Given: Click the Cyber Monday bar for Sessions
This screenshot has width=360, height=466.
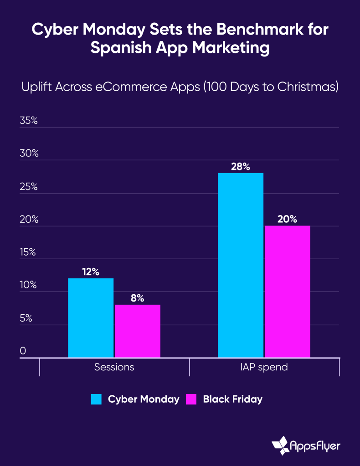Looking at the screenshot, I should pos(91,318).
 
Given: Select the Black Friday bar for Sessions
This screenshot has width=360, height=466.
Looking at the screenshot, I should pos(137,331).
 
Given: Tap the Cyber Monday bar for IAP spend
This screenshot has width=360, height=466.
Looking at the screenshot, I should pos(241,265).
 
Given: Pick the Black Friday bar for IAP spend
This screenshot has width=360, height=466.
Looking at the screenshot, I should pos(287,292).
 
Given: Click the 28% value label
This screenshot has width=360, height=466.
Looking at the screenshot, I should pos(241,167).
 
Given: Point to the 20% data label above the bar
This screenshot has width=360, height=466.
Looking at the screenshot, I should pos(287,219).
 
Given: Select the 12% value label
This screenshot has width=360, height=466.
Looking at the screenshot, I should pos(91,272).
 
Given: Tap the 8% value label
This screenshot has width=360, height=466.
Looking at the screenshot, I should pos(137,298).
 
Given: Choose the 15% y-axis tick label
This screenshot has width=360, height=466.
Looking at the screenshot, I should pos(28,252).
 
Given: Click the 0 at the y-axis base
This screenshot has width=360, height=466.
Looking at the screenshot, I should pos(23,351).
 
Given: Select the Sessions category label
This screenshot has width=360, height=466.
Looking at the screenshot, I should pos(114,367).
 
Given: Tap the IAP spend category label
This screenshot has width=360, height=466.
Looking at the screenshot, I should pos(264,367).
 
